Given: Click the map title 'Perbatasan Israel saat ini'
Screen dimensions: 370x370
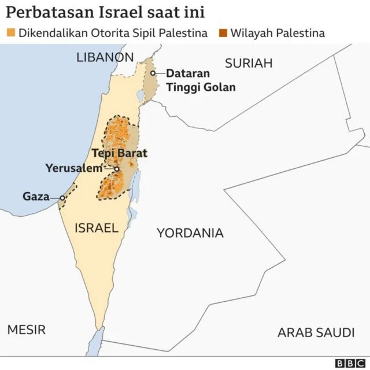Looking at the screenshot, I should [105, 12].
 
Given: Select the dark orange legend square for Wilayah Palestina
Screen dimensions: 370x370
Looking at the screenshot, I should [223, 33].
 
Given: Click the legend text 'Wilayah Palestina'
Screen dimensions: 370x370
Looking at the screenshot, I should [277, 33].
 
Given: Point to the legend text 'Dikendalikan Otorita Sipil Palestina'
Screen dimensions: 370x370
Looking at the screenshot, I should [113, 33].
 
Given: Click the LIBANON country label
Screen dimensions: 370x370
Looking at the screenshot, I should [105, 57].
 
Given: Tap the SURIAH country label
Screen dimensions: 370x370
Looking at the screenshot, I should [249, 64].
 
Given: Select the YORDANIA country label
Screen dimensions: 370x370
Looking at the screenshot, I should [190, 233].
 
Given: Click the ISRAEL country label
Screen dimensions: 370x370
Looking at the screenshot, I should [96, 228].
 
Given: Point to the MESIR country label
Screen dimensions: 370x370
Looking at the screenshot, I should [26, 330].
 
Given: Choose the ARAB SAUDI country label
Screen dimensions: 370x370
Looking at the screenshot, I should [316, 332].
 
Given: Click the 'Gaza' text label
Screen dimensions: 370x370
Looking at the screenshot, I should [36, 197].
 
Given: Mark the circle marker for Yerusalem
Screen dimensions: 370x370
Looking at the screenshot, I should [117, 169].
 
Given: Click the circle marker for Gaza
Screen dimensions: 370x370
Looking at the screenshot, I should [62, 198].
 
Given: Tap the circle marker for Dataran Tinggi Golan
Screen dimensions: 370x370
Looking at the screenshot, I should [153, 73].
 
